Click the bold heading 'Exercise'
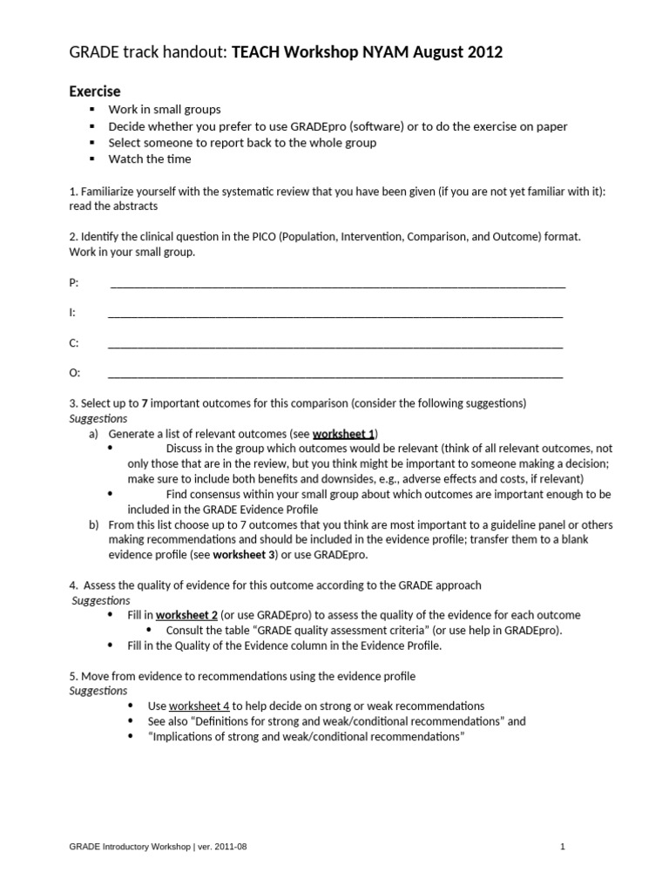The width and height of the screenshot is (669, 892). coord(95,91)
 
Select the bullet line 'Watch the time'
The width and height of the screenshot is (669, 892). coord(149,159)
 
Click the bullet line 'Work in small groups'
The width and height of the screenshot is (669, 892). coord(164,110)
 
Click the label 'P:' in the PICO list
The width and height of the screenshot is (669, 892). coord(74,283)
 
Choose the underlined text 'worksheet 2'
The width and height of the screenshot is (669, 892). coord(186,615)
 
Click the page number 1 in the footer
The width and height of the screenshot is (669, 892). coord(563,846)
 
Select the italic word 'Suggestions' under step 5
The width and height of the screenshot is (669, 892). coord(98,691)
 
